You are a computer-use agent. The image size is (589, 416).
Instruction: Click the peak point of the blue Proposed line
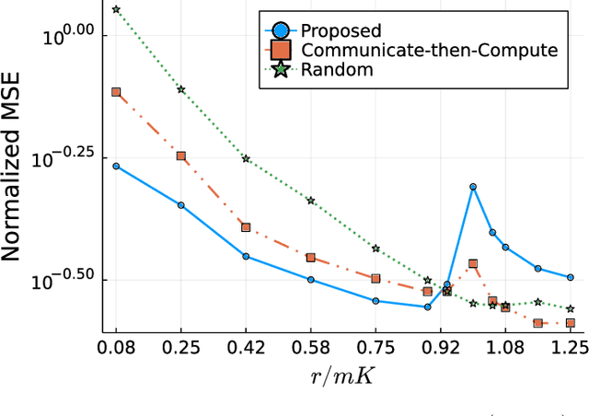click(x=473, y=187)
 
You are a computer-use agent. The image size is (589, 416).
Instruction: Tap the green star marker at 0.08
click(x=116, y=9)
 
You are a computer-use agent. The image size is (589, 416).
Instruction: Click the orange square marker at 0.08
click(x=116, y=92)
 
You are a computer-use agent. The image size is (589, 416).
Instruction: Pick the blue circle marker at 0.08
click(x=116, y=167)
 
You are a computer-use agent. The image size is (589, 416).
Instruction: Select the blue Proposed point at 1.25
click(x=570, y=277)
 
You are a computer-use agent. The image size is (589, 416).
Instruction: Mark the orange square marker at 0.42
click(x=246, y=227)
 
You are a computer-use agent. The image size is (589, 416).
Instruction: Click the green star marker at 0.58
click(x=311, y=201)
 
